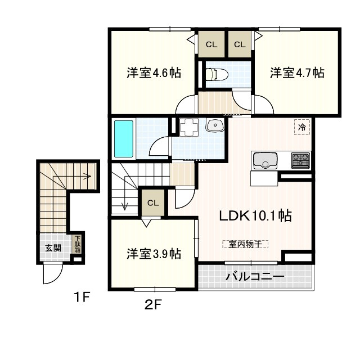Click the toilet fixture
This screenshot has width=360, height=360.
click(x=217, y=74)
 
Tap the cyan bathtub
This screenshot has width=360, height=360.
click(x=124, y=139)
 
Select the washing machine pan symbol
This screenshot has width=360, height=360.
click(x=189, y=128)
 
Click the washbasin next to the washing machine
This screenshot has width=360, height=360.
click(x=215, y=125)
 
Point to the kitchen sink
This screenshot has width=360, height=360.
click(x=265, y=161)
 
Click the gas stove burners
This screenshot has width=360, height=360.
click(x=300, y=159)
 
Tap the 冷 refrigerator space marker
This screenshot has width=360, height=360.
click(x=302, y=127)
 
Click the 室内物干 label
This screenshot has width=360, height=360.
click(x=245, y=244)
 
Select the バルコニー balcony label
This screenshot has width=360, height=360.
click(x=255, y=276)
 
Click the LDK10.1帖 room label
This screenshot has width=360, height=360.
click(x=255, y=216)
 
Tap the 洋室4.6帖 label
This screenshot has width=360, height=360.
click(x=154, y=73)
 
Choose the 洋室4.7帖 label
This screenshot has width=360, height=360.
click(x=297, y=73)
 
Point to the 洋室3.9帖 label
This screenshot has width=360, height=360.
click(x=154, y=254)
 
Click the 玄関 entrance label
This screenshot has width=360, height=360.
click(x=53, y=248)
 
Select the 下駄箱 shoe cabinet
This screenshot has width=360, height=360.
click(x=78, y=244)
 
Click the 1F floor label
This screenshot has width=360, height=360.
click(x=81, y=298)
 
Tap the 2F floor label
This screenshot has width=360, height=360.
click(x=154, y=305)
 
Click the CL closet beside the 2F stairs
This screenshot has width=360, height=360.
click(x=153, y=203)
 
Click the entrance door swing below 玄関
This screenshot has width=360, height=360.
click(x=53, y=273)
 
